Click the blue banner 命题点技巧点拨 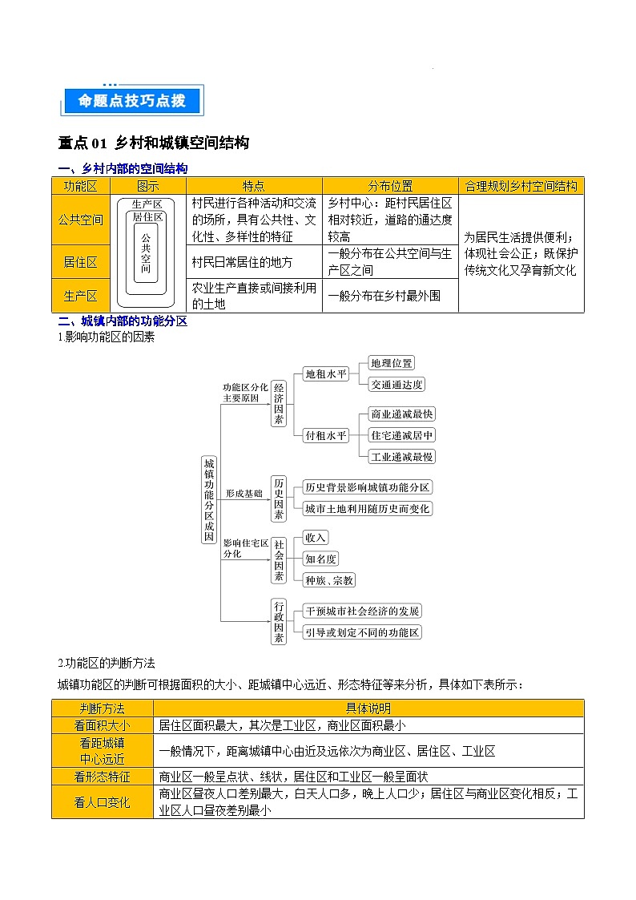pos(132,101)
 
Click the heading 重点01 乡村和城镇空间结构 pos(154,143)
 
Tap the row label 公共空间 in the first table pos(80,219)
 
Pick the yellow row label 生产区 pos(80,296)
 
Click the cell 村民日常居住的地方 pos(242,262)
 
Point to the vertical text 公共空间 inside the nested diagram pos(146,253)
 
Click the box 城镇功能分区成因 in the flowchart pos(208,501)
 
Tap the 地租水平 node pos(327,373)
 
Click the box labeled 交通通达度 pos(396,384)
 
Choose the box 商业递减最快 pos(401,414)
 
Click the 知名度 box pos(321,559)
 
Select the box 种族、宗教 pos(329,579)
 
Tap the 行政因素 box pos(278,621)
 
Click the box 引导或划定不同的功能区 pos(362,632)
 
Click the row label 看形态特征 pos(103,776)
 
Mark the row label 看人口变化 pos(103,801)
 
